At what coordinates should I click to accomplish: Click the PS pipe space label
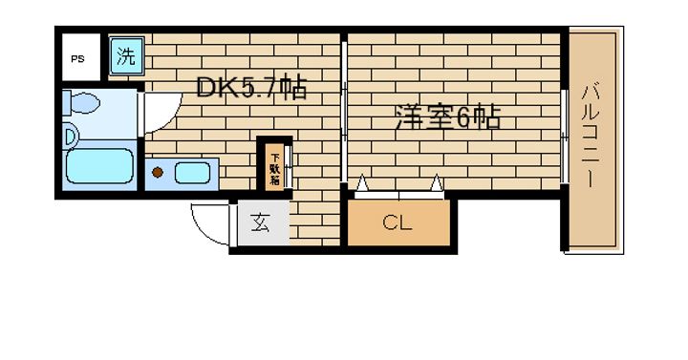coord(76,58)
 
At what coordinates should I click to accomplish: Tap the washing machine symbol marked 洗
coord(126,56)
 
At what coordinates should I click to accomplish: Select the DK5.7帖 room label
coord(250,89)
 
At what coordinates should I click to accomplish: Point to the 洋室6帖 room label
coord(447,118)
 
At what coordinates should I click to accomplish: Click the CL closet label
coord(397,224)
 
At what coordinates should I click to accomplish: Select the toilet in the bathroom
coord(84,102)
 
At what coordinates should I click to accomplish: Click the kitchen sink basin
coord(195,174)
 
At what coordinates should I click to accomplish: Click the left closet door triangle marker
coord(362,181)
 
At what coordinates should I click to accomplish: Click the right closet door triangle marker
coord(435,181)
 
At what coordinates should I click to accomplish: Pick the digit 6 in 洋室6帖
coord(462,118)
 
